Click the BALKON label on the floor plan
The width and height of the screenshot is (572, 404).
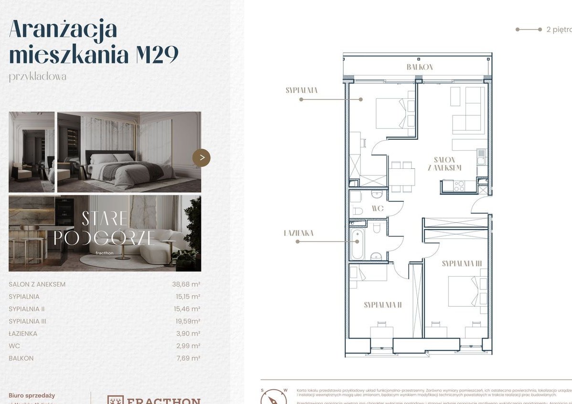(x=420, y=67)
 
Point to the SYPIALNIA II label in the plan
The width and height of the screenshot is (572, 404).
(x=382, y=305)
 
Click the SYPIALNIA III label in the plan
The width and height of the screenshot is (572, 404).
(x=461, y=263)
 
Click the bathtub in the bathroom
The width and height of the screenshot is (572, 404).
(x=357, y=244)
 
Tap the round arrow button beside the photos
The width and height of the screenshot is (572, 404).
(x=201, y=157)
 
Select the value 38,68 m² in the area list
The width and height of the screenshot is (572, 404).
(x=186, y=284)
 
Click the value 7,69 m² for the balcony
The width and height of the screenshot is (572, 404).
(x=187, y=358)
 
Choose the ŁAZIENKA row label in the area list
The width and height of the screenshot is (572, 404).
(x=23, y=334)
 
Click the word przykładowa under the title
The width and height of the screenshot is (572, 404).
(x=37, y=77)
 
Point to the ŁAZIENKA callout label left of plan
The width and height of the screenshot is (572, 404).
(x=298, y=233)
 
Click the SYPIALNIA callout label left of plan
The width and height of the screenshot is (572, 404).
(x=302, y=90)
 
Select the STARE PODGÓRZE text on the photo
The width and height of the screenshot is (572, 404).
(x=104, y=228)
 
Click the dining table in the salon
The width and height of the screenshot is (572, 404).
(x=402, y=177)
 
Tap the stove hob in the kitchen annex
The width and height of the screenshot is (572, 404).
(x=459, y=186)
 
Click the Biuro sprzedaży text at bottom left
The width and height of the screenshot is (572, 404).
(x=32, y=395)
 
